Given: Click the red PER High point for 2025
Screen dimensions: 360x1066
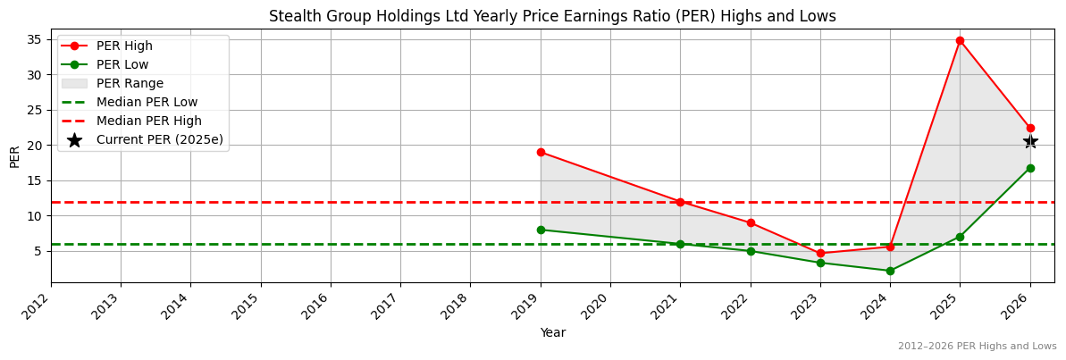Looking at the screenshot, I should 960,40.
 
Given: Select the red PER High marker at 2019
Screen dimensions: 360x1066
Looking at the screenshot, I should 541,152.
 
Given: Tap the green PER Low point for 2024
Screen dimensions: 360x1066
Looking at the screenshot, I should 890,271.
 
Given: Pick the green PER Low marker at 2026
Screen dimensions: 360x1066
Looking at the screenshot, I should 1030,168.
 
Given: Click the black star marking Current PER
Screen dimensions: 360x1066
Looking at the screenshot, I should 1030,142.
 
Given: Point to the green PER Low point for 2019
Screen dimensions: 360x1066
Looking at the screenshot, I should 541,230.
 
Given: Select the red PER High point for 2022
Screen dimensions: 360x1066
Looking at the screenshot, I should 751,222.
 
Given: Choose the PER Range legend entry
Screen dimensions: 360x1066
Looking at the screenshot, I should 130,84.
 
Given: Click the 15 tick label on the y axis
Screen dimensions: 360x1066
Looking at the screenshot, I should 36,180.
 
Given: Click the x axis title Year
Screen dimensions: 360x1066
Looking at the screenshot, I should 552,333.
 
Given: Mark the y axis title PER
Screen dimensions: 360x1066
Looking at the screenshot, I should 14,156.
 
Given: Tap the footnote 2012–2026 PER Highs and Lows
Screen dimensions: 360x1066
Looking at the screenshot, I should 977,347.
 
